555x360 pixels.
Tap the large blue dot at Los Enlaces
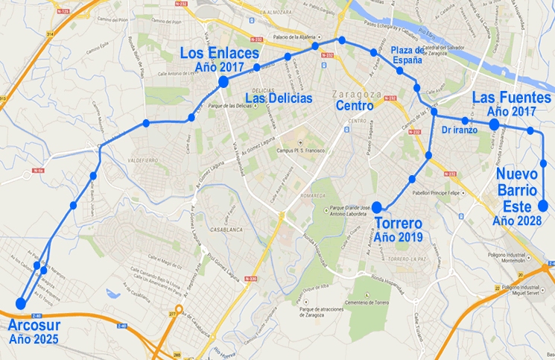click(223, 82)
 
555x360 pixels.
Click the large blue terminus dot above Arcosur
click(20, 303)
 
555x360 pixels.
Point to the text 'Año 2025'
click(34, 340)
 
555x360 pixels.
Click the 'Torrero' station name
click(398, 224)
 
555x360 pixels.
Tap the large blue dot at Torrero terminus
click(377, 207)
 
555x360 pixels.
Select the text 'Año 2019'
click(399, 238)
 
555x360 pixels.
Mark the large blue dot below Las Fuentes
click(494, 124)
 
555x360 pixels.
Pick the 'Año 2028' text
click(519, 221)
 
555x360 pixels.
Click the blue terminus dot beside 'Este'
click(544, 206)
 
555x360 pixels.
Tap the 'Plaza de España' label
click(407, 55)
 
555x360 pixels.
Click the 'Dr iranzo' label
click(460, 130)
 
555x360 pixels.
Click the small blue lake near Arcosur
click(113, 293)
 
